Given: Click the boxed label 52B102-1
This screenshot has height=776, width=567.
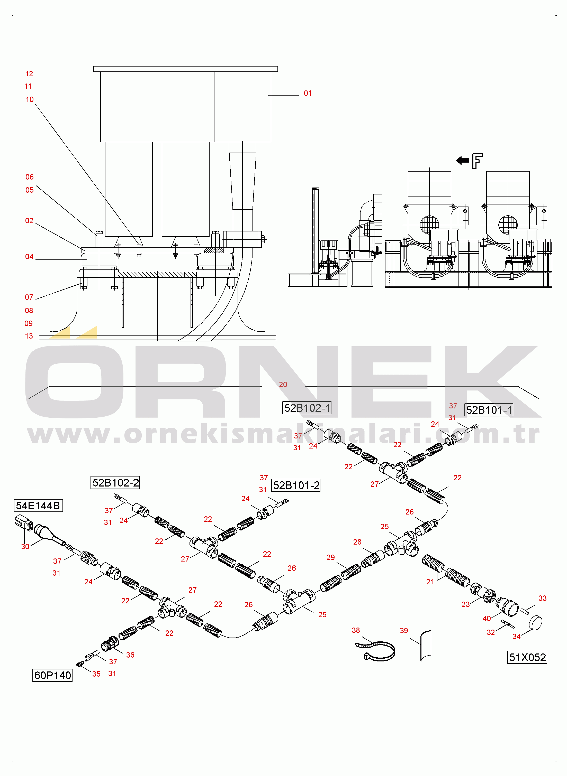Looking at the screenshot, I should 307,408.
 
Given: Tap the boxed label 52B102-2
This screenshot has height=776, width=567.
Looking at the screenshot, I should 115,483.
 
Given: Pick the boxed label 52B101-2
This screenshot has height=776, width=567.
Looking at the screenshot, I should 296,485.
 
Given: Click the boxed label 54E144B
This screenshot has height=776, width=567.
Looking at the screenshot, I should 38,506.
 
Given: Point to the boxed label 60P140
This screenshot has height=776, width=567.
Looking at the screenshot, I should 52,675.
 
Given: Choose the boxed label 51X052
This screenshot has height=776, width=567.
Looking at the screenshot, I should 527,657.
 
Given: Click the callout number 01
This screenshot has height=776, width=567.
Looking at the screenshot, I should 308,93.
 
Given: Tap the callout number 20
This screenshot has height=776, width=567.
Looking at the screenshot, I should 283,385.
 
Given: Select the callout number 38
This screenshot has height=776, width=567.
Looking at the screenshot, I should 356,630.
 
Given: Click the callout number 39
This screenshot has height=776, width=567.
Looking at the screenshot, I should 404,631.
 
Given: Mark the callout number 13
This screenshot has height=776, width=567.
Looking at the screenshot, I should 29,336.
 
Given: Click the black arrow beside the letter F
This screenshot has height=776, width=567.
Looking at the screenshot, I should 462,160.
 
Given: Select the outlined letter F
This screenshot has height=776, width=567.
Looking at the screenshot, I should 477,161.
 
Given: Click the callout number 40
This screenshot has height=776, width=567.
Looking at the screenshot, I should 487,618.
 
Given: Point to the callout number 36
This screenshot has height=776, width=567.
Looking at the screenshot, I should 130,655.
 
